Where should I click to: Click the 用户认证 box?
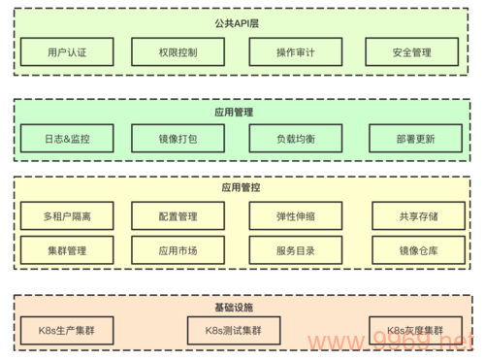pyautogui.click(x=67, y=51)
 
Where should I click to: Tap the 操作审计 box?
pyautogui.click(x=295, y=51)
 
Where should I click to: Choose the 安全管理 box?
pyautogui.click(x=412, y=51)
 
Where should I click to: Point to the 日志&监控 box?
pyautogui.click(x=67, y=138)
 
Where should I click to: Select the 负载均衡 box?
pyautogui.click(x=295, y=138)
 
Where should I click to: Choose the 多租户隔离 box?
pyautogui.click(x=67, y=215)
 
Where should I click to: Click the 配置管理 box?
pyautogui.click(x=178, y=215)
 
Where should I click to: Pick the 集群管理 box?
pyautogui.click(x=67, y=249)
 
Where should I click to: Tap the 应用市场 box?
pyautogui.click(x=178, y=249)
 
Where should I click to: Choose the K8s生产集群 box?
pyautogui.click(x=67, y=331)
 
